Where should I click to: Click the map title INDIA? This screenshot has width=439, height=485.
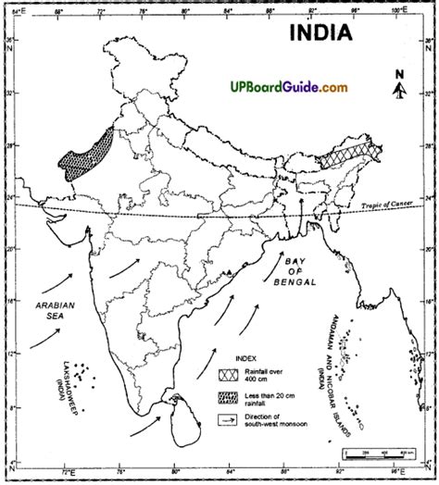(x=320, y=34)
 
